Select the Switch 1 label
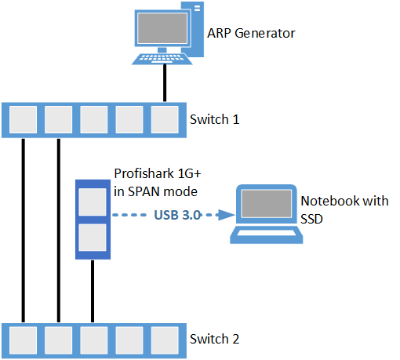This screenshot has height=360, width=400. click(x=214, y=121)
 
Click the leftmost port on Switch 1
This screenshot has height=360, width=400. click(x=24, y=121)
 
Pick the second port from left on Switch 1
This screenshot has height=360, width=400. click(x=59, y=121)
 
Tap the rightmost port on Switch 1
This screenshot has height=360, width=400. click(x=165, y=121)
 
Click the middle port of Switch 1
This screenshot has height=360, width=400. click(x=94, y=121)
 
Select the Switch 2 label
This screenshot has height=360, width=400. click(x=214, y=340)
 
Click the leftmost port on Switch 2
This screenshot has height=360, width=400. click(x=24, y=340)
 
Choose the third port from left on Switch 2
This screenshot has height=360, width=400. click(x=94, y=340)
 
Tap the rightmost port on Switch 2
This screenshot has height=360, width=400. click(x=165, y=340)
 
